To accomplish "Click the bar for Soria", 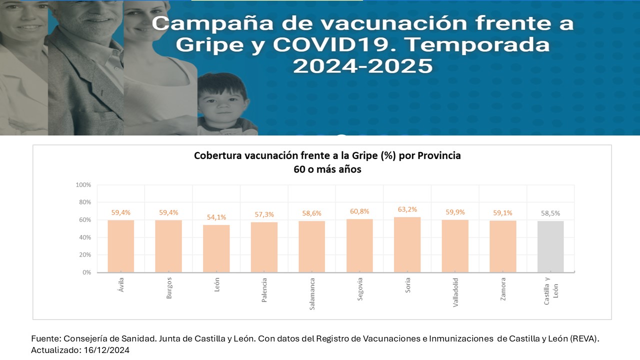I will point(407,245).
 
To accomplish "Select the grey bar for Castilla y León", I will point(550,247).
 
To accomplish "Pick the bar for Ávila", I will point(120,246).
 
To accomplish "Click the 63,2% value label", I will point(407,209).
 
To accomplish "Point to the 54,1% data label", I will point(216,217).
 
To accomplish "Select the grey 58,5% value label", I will point(550,213).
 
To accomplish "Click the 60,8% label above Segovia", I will point(359,211).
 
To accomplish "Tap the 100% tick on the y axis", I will point(83,185).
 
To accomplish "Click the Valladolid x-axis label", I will point(455,292).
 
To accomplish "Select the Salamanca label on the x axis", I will point(312,294).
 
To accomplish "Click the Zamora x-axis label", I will point(503,288).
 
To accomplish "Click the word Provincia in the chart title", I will point(439,155).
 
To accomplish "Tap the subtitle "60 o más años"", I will point(327,169).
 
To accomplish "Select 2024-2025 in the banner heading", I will point(362,66).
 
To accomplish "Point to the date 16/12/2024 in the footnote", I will point(105,350).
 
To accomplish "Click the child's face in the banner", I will point(223,102).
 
